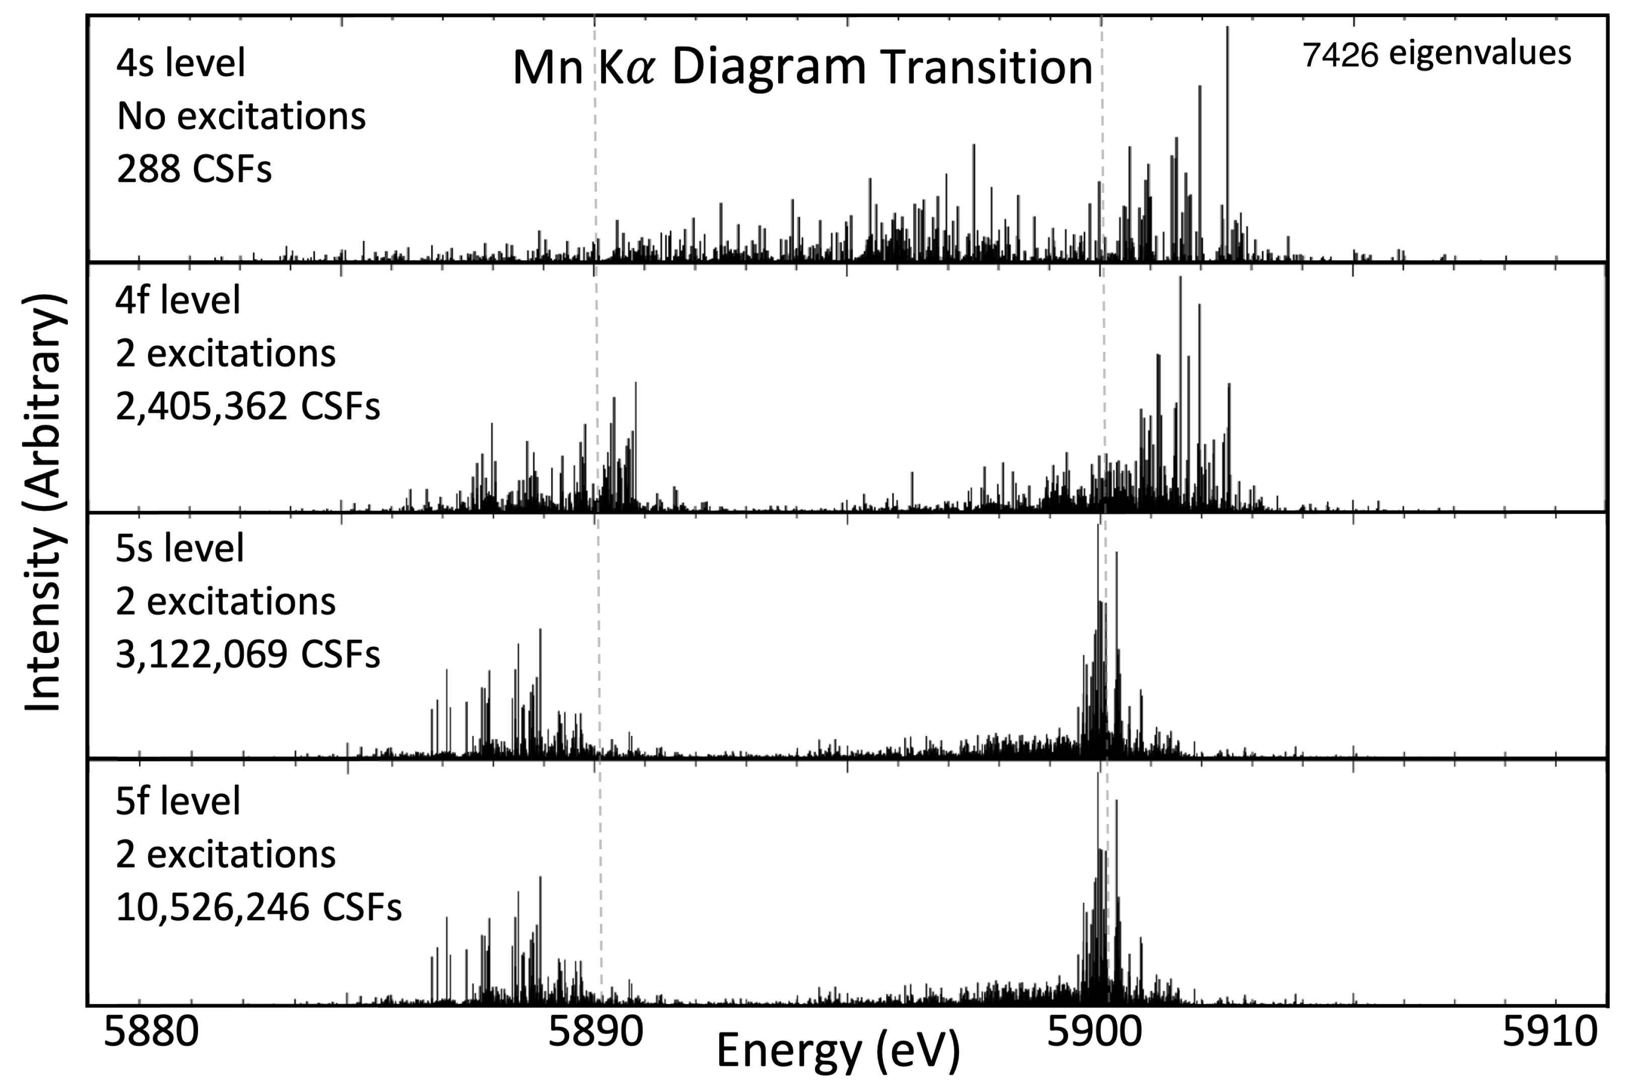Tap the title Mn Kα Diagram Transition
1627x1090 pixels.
[802, 67]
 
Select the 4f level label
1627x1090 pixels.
[178, 300]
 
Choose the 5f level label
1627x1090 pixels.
[178, 801]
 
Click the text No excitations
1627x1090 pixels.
[241, 116]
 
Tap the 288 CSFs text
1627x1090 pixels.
[194, 169]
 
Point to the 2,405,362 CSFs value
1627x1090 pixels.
[247, 407]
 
